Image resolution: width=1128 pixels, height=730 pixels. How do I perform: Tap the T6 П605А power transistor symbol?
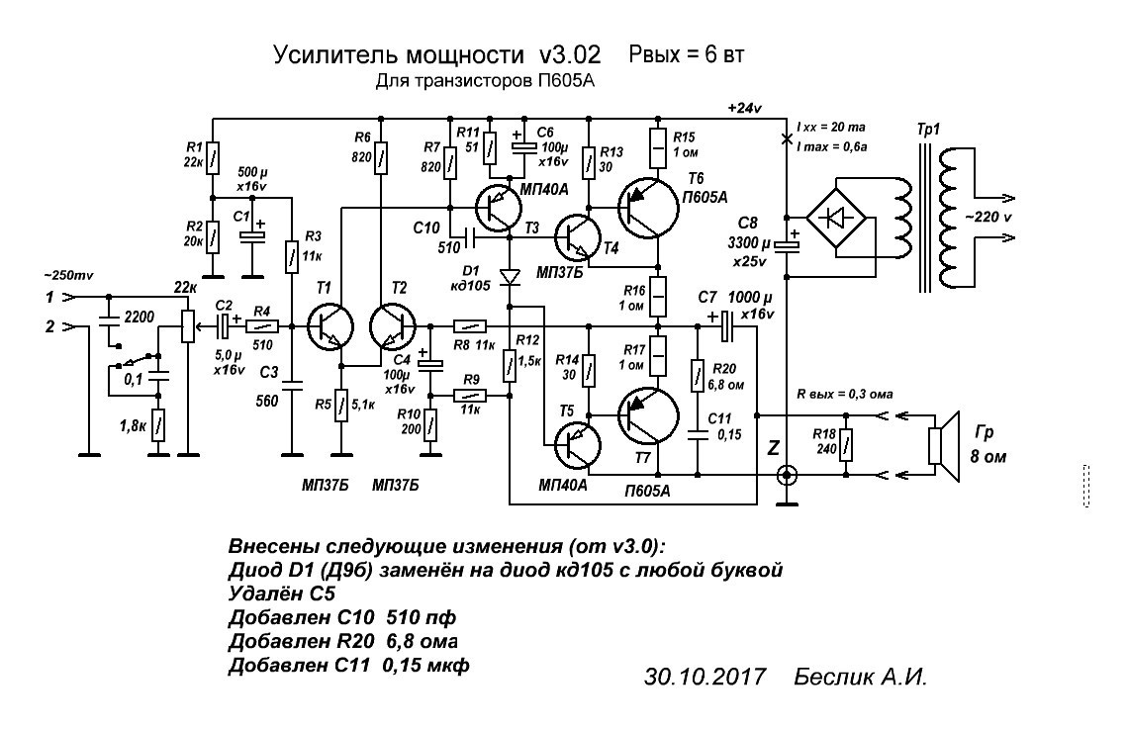pos(652,207)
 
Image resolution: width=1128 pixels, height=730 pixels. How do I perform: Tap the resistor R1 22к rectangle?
pos(212,154)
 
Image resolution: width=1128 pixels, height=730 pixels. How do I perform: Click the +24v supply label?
pos(744,107)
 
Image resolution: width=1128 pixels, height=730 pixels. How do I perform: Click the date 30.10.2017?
pos(705,678)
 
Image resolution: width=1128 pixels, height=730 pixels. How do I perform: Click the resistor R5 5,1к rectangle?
pos(341,406)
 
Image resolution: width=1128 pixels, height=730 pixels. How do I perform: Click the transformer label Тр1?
pos(929,131)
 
